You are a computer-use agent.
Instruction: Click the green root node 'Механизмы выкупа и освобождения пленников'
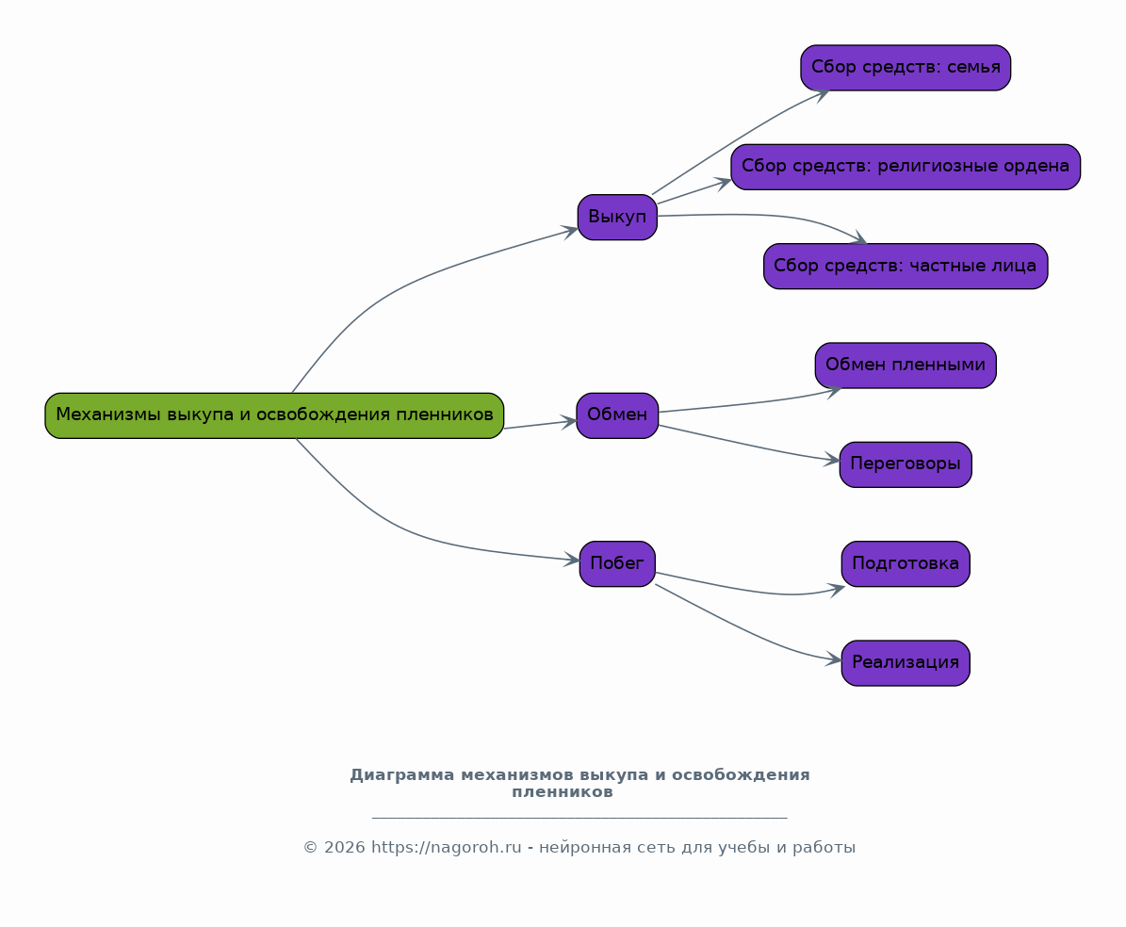click(274, 415)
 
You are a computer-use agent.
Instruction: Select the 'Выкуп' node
click(617, 217)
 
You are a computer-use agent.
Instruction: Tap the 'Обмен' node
click(617, 415)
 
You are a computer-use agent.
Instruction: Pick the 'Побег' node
click(617, 563)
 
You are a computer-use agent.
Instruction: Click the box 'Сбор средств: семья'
click(906, 68)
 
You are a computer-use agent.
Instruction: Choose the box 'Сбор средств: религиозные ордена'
click(906, 167)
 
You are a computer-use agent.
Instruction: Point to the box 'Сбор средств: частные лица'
click(906, 267)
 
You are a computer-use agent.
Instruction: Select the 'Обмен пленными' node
click(906, 366)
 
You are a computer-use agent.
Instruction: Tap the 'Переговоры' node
click(906, 464)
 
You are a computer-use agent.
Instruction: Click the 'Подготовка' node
click(906, 563)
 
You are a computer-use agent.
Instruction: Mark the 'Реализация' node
click(906, 663)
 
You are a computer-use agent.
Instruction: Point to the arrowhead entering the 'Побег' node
click(572, 560)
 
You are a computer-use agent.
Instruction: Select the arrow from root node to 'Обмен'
click(540, 424)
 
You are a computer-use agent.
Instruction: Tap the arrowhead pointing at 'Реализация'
click(834, 659)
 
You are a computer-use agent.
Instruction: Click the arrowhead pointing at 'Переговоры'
click(832, 460)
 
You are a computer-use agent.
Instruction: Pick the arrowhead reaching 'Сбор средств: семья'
click(823, 94)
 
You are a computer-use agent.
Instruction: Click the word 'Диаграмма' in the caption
click(402, 775)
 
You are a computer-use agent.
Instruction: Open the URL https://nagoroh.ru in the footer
click(446, 848)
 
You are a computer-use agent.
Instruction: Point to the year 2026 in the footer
click(345, 848)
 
